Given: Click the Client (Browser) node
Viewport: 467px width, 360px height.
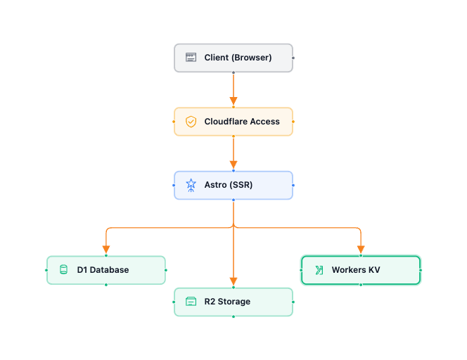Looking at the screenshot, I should (x=233, y=58).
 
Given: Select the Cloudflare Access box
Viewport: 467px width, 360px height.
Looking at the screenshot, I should (x=233, y=122).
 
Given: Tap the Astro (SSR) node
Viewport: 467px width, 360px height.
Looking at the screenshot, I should (x=233, y=186).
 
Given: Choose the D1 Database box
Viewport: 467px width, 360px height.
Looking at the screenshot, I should (x=106, y=270).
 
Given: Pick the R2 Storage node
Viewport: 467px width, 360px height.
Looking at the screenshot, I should (x=233, y=302).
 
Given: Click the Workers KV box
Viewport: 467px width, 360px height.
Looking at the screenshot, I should (x=361, y=270).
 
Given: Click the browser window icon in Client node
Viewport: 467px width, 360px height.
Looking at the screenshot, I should (x=191, y=58).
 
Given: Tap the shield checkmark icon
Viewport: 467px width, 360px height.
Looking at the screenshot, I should (x=191, y=122).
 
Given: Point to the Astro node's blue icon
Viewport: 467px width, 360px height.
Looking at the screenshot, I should (x=191, y=186).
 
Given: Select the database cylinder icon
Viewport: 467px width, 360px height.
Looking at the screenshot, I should (x=63, y=270).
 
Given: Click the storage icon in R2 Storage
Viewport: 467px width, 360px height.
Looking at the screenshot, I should (x=191, y=302).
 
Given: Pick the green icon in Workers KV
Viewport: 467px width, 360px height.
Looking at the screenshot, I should (x=319, y=270).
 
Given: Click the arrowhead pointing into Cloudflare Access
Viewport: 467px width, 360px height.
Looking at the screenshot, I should (x=233, y=101).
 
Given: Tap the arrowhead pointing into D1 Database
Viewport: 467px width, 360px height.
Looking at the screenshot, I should (x=106, y=249).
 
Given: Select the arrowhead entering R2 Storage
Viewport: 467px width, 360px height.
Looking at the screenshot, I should (x=233, y=281).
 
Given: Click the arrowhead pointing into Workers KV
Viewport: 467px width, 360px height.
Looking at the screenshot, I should (x=361, y=249).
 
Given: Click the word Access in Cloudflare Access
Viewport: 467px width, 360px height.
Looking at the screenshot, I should (x=265, y=122).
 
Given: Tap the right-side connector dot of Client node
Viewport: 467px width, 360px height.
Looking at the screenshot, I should (x=293, y=58).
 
